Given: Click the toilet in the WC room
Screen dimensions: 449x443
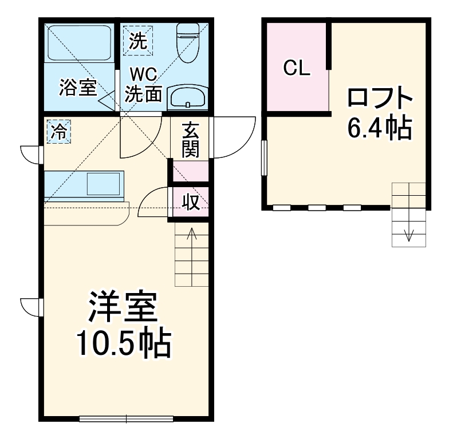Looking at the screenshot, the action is point(188,42).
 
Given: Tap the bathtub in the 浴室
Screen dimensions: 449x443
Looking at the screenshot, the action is point(79,43).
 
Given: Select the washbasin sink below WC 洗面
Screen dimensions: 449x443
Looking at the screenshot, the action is point(188,97).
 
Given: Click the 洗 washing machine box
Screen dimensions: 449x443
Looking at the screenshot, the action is point(138,41).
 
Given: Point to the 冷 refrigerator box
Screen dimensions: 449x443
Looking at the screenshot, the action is point(58,132).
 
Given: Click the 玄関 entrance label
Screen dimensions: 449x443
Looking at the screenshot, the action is point(190,140).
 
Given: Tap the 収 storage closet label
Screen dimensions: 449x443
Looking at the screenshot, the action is point(191,202).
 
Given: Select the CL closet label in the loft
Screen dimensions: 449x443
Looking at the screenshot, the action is point(297,68).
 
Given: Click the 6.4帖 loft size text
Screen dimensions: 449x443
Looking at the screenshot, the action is point(380,128).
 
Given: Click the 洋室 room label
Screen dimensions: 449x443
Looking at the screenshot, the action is point(123,307).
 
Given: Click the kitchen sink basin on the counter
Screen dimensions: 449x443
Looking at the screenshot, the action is point(103,184).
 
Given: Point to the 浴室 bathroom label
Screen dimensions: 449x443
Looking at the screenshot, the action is point(78,87).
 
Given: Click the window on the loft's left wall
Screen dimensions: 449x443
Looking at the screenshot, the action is point(264,158).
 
